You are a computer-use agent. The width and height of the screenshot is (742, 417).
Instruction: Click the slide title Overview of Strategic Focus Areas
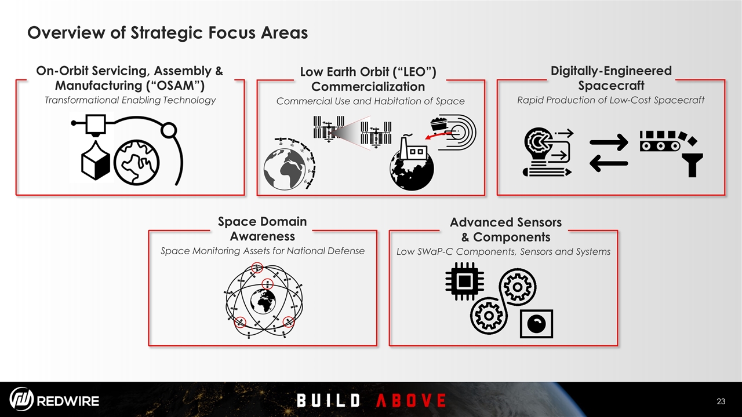pyautogui.click(x=168, y=33)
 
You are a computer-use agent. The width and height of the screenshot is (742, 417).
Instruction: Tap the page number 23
pyautogui.click(x=721, y=401)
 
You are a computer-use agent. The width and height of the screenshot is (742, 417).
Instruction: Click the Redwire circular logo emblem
pyautogui.click(x=21, y=399)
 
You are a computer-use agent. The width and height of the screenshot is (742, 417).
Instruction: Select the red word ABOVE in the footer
pyautogui.click(x=411, y=400)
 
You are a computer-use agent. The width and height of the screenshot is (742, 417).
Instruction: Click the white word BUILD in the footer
pyautogui.click(x=328, y=400)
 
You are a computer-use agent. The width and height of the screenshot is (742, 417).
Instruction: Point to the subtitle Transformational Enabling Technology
pyautogui.click(x=130, y=100)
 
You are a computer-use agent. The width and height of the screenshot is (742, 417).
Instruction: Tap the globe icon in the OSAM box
pyautogui.click(x=136, y=162)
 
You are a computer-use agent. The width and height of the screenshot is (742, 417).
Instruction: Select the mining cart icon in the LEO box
pyautogui.click(x=439, y=125)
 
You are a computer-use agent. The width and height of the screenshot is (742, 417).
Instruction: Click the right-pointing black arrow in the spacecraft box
pyautogui.click(x=609, y=142)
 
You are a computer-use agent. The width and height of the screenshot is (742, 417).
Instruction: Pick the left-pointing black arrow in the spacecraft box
pyautogui.click(x=609, y=163)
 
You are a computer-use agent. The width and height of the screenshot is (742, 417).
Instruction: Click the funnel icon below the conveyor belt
pyautogui.click(x=693, y=165)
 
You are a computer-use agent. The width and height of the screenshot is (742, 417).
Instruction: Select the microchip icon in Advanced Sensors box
pyautogui.click(x=464, y=281)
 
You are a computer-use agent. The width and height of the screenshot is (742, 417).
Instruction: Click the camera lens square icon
pyautogui.click(x=536, y=324)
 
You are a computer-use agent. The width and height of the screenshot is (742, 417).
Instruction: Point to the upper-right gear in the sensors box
pyautogui.click(x=518, y=287)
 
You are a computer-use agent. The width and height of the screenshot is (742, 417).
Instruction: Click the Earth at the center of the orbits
pyautogui.click(x=263, y=301)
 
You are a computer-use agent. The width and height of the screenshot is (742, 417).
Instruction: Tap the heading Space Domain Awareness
pyautogui.click(x=263, y=229)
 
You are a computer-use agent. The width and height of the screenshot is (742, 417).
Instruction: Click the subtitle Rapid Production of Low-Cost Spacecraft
pyautogui.click(x=611, y=100)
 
